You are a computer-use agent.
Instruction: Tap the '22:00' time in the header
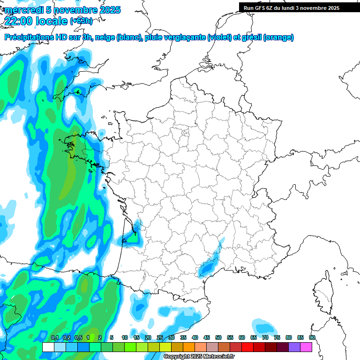[19, 21]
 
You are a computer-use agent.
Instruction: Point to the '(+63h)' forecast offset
[81, 21]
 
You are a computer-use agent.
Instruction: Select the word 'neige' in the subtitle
[105, 37]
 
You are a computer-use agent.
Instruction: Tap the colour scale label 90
[312, 337]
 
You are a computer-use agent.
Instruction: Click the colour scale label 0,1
[54, 337]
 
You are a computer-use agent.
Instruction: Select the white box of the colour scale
[48, 347]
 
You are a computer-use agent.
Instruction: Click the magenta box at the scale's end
[306, 347]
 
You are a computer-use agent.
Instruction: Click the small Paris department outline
[185, 133]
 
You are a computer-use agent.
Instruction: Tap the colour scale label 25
[160, 337]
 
